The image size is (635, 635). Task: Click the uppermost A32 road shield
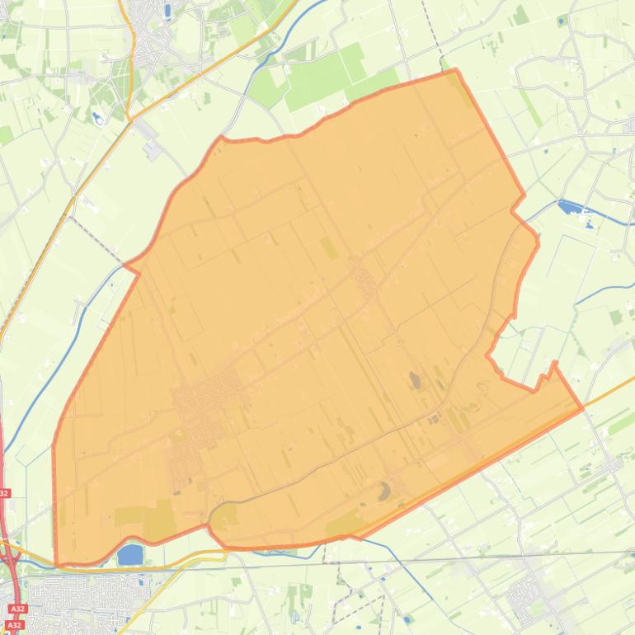4,493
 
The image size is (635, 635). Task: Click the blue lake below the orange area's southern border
130,555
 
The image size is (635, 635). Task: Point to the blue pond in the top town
168,11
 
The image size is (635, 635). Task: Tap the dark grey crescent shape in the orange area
384,492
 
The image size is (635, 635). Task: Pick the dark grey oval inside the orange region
414,379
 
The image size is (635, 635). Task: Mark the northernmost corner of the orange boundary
455,71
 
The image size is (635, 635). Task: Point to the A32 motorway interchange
12,561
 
